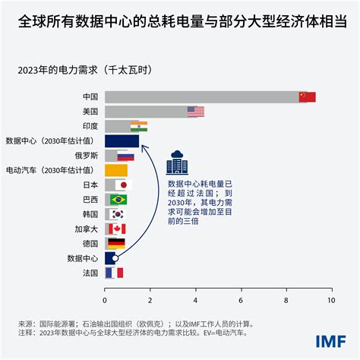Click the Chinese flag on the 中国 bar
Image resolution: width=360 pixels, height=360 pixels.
point(307,97)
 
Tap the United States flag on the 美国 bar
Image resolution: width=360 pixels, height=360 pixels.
point(196,112)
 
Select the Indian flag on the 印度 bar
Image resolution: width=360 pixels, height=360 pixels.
point(139,126)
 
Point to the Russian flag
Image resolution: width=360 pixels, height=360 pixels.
point(125,156)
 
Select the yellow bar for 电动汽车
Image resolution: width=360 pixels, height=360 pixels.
point(115,170)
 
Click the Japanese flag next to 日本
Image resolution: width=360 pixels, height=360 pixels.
point(124,185)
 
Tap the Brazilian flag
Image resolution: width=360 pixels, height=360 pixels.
point(118,200)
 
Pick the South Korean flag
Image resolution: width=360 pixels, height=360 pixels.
point(117,214)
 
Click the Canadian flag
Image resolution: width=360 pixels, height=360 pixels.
point(118,229)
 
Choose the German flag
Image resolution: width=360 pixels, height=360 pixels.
point(116,244)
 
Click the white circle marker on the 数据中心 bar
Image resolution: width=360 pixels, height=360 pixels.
point(115,258)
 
